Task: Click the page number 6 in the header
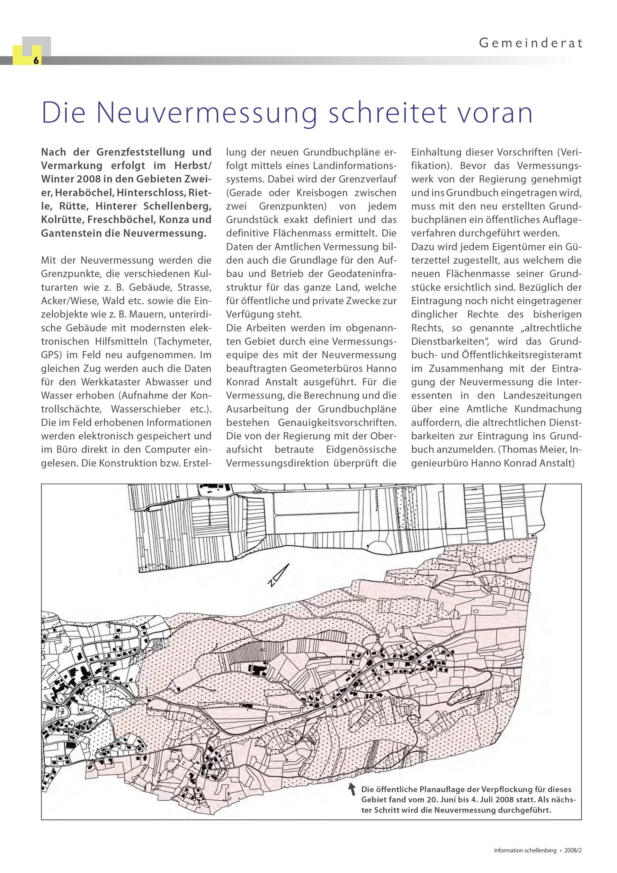click(x=36, y=60)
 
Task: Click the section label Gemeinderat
click(x=530, y=43)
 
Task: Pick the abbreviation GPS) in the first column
click(x=51, y=355)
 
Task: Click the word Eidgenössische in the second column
click(x=361, y=450)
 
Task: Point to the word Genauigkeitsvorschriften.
click(x=337, y=423)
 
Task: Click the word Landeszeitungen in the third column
click(x=542, y=396)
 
